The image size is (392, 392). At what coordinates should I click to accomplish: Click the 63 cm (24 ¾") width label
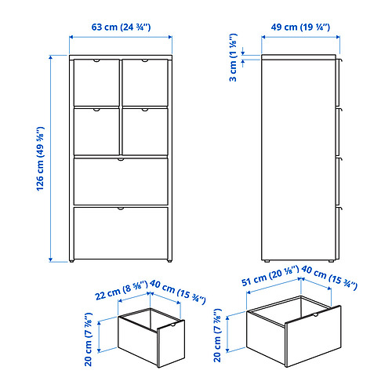pos(121,27)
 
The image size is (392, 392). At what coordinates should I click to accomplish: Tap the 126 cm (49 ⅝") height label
pos(40,158)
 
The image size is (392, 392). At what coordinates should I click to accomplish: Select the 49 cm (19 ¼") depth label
pos(300,27)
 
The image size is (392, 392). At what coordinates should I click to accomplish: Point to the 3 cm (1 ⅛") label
pos(233,57)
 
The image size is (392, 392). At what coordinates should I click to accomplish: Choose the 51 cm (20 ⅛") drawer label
pos(270,276)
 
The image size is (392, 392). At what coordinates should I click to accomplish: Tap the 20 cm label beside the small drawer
pos(89,339)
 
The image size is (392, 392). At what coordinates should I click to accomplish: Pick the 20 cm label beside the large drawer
pos(218,335)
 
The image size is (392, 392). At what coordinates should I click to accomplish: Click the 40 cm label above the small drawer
pos(178,292)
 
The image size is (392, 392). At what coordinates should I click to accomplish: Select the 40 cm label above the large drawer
pos(329,278)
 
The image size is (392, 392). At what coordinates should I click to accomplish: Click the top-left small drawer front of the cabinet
pos(96,82)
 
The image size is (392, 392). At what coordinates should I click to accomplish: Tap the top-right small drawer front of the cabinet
pos(145,82)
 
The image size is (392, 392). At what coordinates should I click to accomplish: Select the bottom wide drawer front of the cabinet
pos(121,234)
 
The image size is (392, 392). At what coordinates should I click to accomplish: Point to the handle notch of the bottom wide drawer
pos(121,209)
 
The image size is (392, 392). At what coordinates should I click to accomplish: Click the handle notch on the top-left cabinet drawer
pos(96,60)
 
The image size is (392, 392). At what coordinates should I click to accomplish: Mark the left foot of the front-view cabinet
pos(71,260)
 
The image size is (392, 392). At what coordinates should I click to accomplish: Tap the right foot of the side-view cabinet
pos(331,260)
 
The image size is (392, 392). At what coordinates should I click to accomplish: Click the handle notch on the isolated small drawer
pos(172,325)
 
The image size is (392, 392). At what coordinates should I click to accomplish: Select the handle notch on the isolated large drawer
pos(315,314)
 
